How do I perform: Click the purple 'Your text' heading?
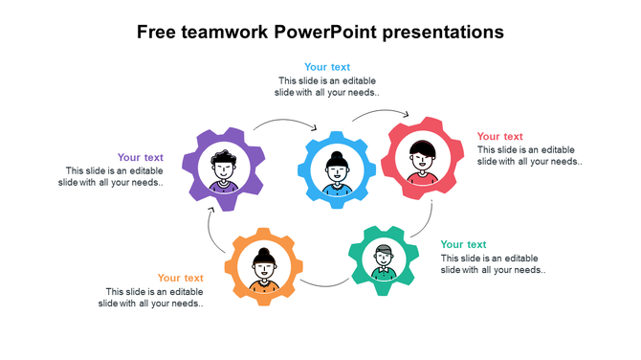point(141,157)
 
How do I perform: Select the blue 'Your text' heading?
point(328,67)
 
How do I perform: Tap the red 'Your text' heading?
point(500,136)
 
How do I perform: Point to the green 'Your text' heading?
point(464,244)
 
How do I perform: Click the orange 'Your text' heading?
point(181,278)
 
